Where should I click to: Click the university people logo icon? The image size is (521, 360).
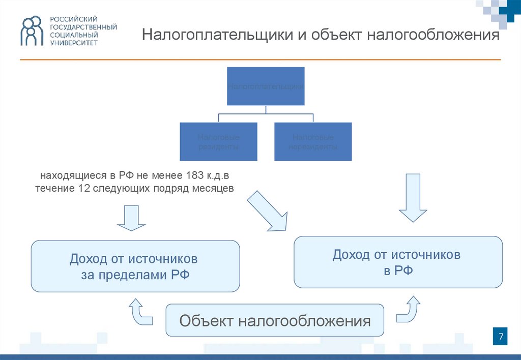point(32,31)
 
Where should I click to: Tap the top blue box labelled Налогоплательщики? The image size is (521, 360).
point(266,86)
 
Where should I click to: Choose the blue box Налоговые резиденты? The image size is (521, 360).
point(218,141)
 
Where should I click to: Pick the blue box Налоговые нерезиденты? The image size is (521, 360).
point(313,141)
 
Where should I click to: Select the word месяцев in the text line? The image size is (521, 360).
point(213,188)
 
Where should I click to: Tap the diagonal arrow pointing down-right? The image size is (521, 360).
point(268,211)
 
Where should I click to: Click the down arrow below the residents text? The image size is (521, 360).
point(131,218)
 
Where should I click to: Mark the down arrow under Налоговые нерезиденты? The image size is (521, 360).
point(413,198)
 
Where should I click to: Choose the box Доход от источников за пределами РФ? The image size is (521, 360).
point(135,266)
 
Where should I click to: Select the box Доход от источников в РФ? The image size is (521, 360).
point(398,262)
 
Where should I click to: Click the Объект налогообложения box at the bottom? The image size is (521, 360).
point(275,320)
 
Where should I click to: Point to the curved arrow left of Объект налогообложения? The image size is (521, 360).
point(140,311)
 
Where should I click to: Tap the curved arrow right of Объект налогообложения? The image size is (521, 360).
point(409,310)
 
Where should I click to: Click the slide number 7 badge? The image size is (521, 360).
point(501,337)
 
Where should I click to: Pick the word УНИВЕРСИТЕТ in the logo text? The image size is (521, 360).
point(74,43)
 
